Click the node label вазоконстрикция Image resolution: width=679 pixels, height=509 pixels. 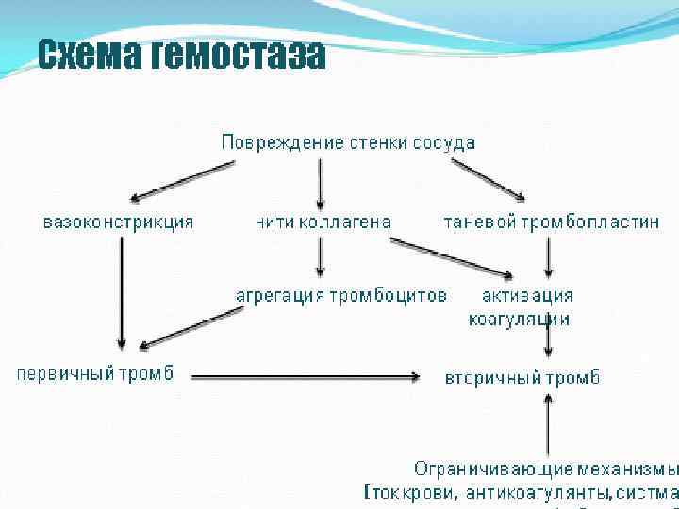coord(119,222)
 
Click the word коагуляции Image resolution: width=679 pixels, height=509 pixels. coord(519,319)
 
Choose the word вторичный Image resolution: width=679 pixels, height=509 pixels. coord(493,378)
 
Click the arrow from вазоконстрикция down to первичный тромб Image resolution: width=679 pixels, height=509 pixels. coord(121,292)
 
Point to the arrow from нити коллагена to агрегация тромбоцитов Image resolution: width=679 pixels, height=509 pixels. coord(321,255)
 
